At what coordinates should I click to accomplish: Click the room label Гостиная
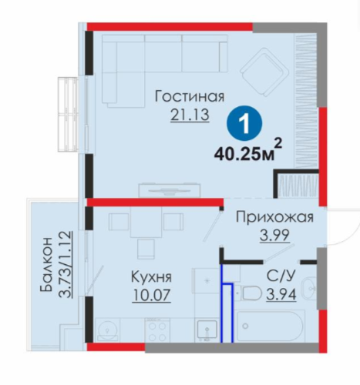click(x=190, y=97)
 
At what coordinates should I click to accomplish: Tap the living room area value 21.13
click(x=190, y=115)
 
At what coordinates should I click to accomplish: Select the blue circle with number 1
click(x=244, y=124)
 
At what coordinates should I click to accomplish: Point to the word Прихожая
click(x=274, y=218)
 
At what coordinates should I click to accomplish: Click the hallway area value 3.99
click(x=274, y=235)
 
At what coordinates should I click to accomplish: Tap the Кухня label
click(x=151, y=277)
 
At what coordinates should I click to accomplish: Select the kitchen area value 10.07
click(x=151, y=295)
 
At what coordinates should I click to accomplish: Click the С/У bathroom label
click(x=281, y=276)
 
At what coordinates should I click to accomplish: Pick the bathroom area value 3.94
click(x=281, y=294)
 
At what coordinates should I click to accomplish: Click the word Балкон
click(x=46, y=265)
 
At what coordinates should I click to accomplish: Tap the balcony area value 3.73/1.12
click(x=65, y=265)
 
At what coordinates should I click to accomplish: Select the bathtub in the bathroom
click(x=271, y=326)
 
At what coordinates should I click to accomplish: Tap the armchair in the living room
click(x=264, y=72)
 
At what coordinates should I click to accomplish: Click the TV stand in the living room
click(x=170, y=190)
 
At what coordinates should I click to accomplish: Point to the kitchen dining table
click(x=146, y=222)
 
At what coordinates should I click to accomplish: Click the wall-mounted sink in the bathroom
click(x=310, y=287)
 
